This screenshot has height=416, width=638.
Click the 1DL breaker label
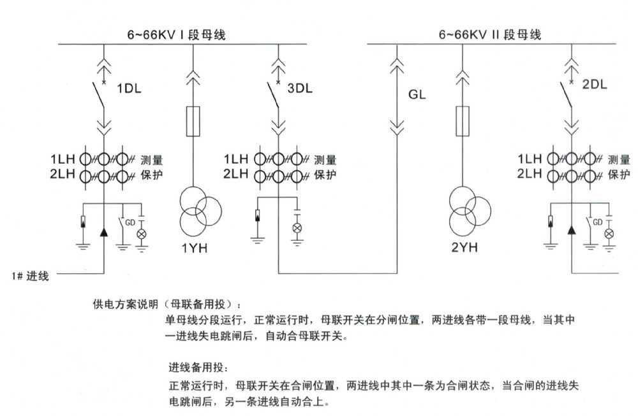click(129, 88)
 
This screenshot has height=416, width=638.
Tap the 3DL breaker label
click(300, 88)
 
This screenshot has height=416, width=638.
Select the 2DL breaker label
click(595, 85)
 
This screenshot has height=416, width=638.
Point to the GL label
click(417, 95)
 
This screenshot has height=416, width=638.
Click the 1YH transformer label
click(195, 248)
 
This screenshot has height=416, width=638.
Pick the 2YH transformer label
click(464, 247)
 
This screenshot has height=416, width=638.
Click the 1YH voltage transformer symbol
click(200, 212)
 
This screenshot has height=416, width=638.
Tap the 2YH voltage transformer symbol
click(470, 211)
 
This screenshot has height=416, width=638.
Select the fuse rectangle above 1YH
click(193, 121)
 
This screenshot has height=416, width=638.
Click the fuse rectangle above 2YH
click(462, 121)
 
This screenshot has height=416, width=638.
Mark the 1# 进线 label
click(30, 276)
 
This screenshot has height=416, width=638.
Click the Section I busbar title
click(176, 34)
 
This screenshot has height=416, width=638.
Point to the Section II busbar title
click(490, 34)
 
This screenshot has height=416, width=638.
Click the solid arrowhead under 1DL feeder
click(104, 232)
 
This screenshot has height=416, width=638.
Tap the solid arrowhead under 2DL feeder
click(572, 230)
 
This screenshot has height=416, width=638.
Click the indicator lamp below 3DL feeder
click(297, 228)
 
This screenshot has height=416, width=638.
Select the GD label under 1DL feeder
click(130, 222)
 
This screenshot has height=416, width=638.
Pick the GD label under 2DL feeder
click(597, 222)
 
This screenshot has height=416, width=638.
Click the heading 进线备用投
click(198, 368)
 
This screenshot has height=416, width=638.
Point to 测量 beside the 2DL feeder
click(618, 160)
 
